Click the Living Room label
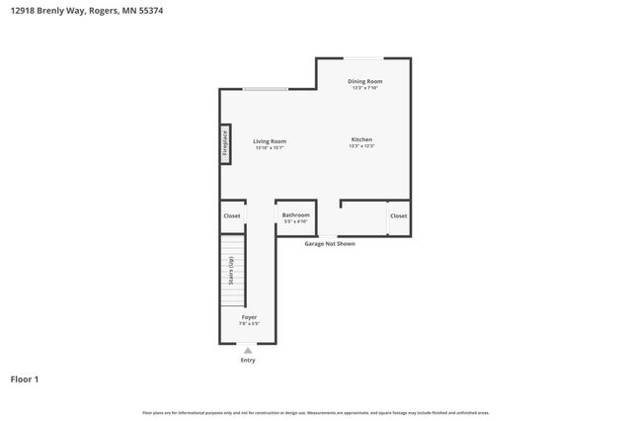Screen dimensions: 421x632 [269, 141]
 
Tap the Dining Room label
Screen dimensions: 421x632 [364, 81]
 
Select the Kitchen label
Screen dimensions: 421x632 [361, 139]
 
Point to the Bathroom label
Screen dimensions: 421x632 [295, 214]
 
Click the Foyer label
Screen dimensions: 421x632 [249, 317]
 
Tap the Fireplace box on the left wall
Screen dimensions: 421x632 [225, 144]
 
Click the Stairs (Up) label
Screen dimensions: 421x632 [231, 271]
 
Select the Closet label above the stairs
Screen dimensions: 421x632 [231, 215]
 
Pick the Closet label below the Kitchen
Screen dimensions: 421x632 [398, 215]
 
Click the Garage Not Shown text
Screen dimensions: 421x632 [329, 243]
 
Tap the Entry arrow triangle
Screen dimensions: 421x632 [248, 350]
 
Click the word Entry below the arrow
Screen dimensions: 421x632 [248, 360]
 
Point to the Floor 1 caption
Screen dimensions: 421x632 [25, 379]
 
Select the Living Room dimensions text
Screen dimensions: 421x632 [269, 148]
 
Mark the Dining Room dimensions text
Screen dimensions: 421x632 [364, 88]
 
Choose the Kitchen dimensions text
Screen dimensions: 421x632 [361, 146]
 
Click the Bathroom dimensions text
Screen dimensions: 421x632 [295, 221]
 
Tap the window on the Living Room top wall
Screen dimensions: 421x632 [266, 90]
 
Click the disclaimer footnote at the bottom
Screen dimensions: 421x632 [315, 412]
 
